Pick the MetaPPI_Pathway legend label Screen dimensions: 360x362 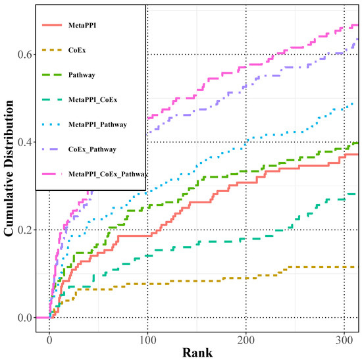point(97,124)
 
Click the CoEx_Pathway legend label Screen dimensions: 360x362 point(91,149)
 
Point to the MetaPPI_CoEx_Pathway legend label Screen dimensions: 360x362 point(106,174)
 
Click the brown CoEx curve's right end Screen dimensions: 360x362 point(356,267)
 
